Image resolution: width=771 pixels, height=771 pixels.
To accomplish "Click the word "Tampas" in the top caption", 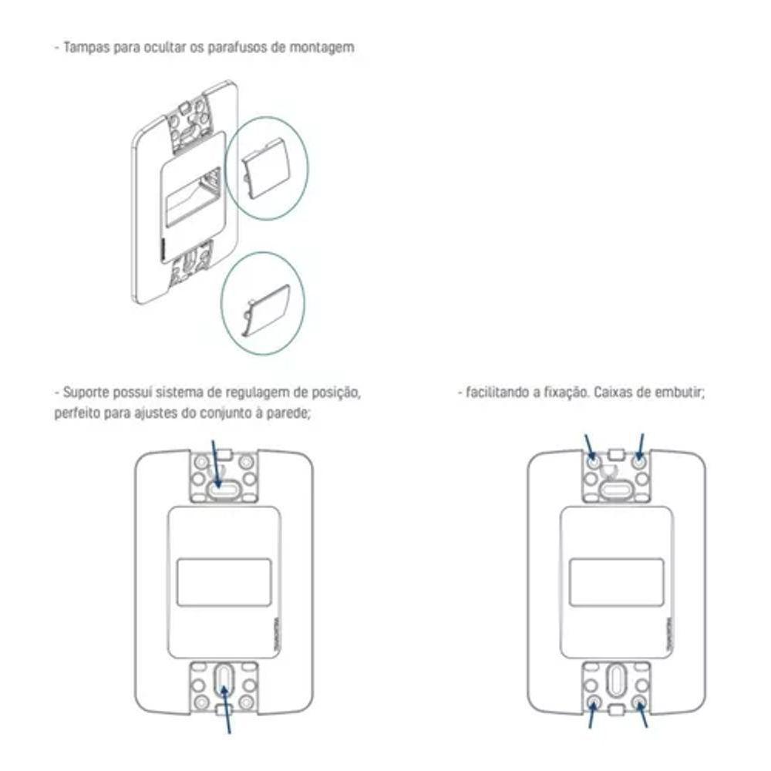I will click(82, 47).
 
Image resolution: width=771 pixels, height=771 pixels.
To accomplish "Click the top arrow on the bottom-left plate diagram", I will click(217, 463).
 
